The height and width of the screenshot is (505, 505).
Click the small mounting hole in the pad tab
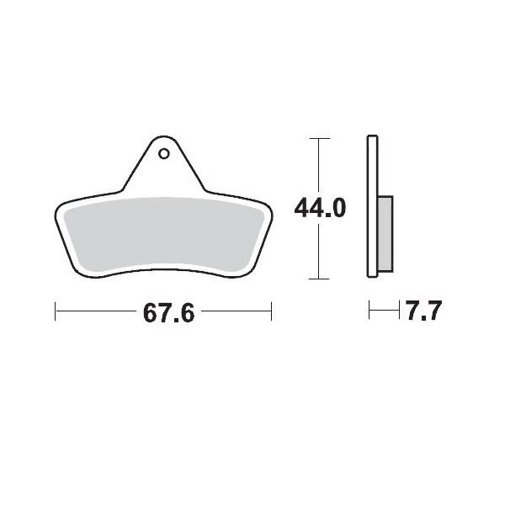[x=164, y=153]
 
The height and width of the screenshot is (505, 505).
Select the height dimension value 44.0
[x=319, y=208]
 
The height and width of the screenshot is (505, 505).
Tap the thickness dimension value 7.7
[x=423, y=313]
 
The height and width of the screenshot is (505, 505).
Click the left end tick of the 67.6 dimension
[x=56, y=312]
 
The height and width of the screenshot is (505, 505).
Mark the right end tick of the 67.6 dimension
[x=271, y=312]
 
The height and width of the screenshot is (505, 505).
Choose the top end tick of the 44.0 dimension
[x=317, y=137]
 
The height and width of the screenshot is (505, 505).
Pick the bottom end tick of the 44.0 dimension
[x=317, y=279]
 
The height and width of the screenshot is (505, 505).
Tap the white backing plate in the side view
[x=372, y=206]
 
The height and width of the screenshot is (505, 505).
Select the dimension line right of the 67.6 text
[x=236, y=312]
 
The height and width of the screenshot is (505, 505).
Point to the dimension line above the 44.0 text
[x=317, y=164]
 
